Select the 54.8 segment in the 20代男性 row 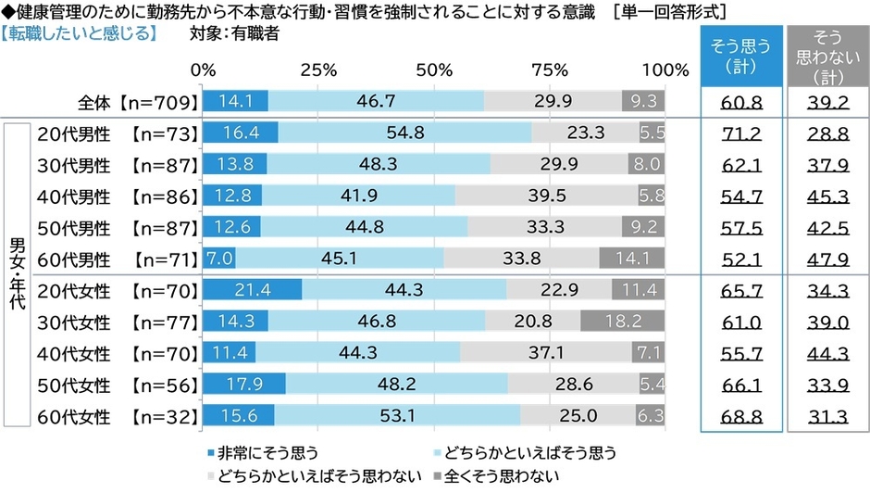click(x=404, y=133)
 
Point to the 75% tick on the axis click(x=550, y=70)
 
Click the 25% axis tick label click(x=318, y=70)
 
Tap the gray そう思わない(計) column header click(x=828, y=56)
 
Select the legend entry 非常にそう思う click(x=264, y=453)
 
